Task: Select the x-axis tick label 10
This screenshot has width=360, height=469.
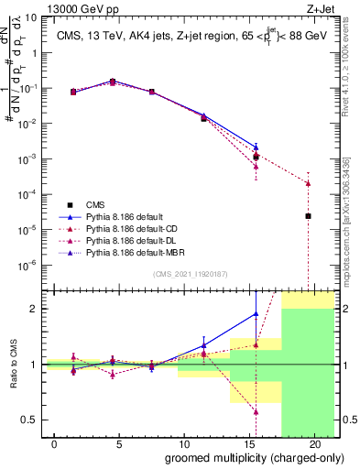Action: pyautogui.click(x=185, y=444)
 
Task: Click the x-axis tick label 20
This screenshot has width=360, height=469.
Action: pyautogui.click(x=315, y=444)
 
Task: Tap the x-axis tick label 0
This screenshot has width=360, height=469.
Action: pyautogui.click(x=55, y=444)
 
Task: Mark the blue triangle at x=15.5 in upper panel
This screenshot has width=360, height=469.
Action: pyautogui.click(x=256, y=147)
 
